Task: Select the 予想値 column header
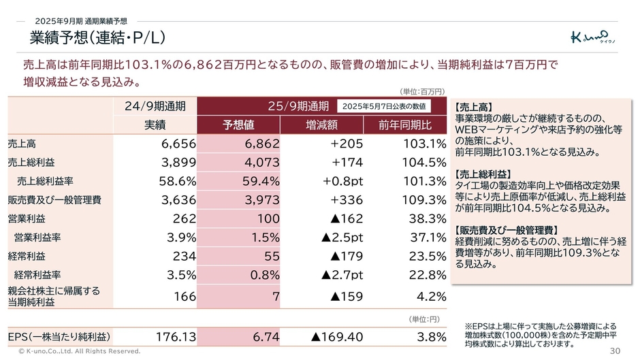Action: tap(238, 125)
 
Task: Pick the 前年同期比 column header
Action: tap(406, 125)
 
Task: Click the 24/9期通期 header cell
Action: tap(155, 106)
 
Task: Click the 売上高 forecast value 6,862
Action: tap(261, 144)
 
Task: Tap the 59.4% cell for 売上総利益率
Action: tap(261, 181)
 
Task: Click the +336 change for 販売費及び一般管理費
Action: tap(347, 199)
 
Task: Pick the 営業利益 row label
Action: tap(27, 218)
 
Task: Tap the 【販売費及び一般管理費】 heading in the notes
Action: tap(505, 230)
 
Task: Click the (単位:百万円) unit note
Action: tap(422, 91)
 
